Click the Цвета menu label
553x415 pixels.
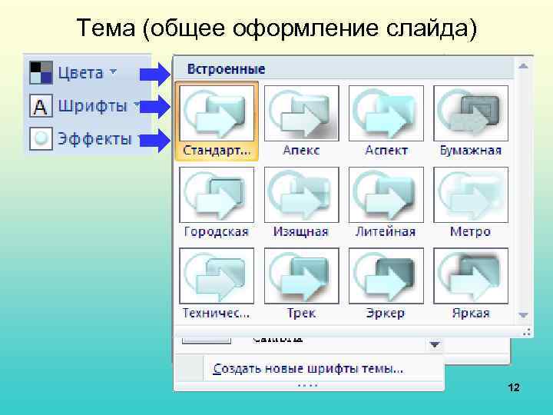(81, 73)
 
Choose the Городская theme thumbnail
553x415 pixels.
(217, 194)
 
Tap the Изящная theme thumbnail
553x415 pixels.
(302, 194)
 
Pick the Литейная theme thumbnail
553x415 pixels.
(386, 194)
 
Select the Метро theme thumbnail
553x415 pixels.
(471, 194)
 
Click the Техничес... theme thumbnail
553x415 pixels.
(217, 277)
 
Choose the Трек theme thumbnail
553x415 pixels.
(302, 277)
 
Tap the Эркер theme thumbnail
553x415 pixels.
(386, 277)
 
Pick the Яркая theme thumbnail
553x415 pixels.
(471, 277)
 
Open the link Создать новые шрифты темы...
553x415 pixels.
(308, 369)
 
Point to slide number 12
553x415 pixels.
(514, 389)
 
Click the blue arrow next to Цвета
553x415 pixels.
(156, 74)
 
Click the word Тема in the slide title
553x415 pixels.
(105, 28)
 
